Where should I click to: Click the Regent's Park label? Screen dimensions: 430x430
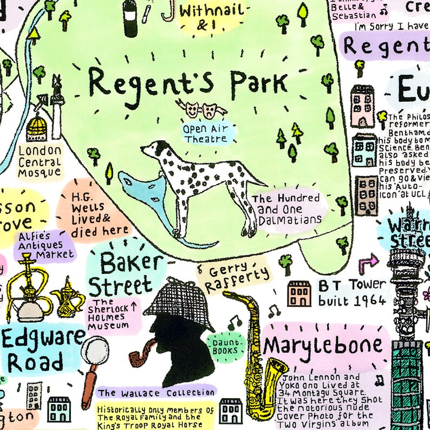pos(187,83)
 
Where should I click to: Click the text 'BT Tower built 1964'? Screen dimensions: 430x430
pos(351,292)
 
